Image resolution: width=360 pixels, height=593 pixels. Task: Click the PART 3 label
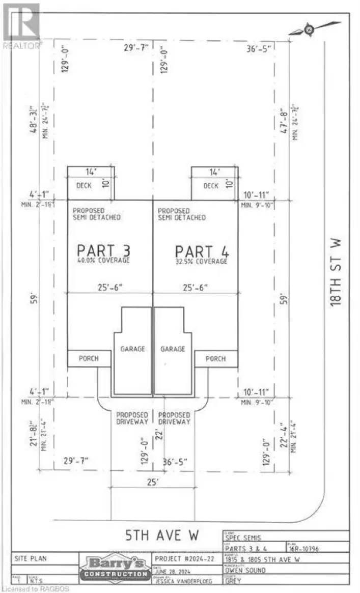pyautogui.click(x=103, y=250)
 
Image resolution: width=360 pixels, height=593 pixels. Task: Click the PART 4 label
pyautogui.click(x=202, y=251)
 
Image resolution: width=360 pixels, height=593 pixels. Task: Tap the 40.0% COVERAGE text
pyautogui.click(x=103, y=261)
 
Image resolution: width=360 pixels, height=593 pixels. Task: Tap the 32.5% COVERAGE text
pyautogui.click(x=202, y=261)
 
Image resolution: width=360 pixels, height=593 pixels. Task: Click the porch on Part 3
pyautogui.click(x=89, y=358)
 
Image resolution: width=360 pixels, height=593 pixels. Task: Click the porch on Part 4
pyautogui.click(x=216, y=358)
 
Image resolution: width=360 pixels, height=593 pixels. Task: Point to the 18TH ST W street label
pyautogui.click(x=335, y=273)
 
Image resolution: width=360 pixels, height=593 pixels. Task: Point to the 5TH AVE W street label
pyautogui.click(x=162, y=535)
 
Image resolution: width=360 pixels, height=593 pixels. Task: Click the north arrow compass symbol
pyautogui.click(x=309, y=30)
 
